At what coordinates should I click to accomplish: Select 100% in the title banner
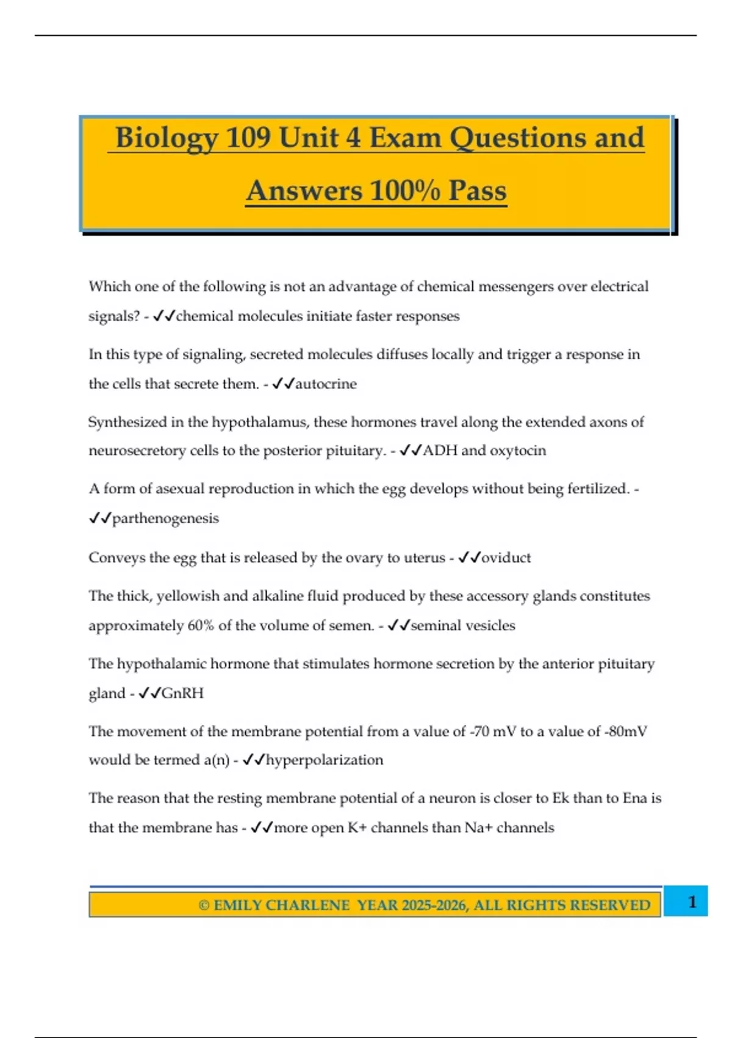click(404, 191)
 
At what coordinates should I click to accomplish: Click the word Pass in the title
click(478, 191)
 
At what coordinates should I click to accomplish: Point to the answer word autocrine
click(326, 384)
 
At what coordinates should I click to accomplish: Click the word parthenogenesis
click(165, 518)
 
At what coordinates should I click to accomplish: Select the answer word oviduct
click(506, 557)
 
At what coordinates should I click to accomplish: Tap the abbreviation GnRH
click(182, 693)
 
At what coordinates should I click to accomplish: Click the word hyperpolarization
click(325, 760)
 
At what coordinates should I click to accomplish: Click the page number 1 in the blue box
click(692, 902)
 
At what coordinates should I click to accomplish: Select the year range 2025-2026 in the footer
click(434, 905)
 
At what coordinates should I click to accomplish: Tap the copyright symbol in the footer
click(204, 905)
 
